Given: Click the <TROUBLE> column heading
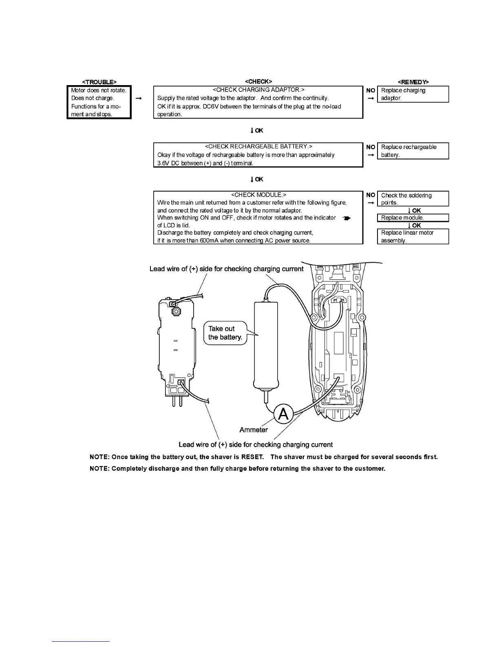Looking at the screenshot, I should pos(99,82).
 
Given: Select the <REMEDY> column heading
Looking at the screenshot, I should pos(413,82).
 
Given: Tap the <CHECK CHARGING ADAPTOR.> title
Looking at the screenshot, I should pos(258,90).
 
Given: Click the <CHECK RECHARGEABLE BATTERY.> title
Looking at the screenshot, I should pos(258,147).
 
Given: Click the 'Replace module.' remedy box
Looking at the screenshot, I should pos(413,218).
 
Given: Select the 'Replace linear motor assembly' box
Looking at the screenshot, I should pos(413,237).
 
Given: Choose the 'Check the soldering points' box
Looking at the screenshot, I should pos(413,199).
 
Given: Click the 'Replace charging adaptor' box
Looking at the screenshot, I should pos(413,94).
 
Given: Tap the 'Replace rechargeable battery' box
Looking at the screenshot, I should pos(413,151).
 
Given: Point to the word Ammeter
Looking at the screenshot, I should pos(254,430).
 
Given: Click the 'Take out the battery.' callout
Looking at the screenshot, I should pos(225,333).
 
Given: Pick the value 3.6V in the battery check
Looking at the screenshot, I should pos(163,163).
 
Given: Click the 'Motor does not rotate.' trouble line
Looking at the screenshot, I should pos(99,90).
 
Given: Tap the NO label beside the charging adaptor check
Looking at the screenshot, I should pos(371,90).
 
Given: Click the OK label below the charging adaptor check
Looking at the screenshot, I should pos(259,131).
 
